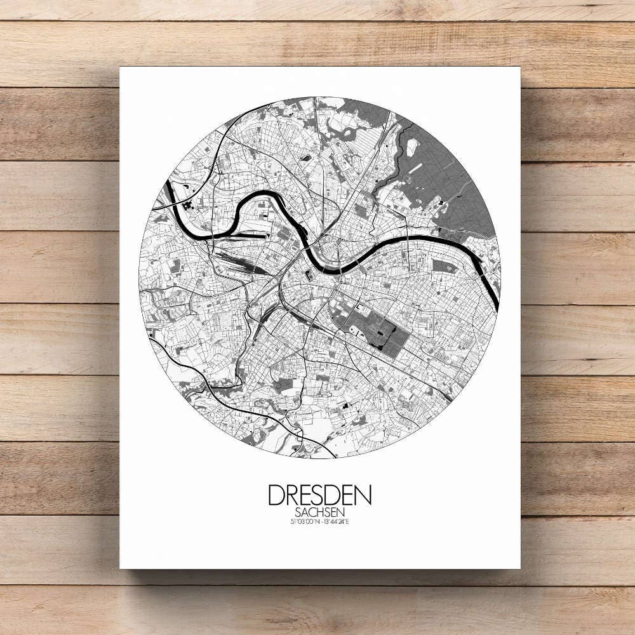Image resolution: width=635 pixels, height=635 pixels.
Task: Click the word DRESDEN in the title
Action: (x=319, y=495)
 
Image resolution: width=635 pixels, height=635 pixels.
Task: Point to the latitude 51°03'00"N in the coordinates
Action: (x=302, y=522)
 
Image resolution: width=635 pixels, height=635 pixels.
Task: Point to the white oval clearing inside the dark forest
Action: (x=411, y=147)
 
